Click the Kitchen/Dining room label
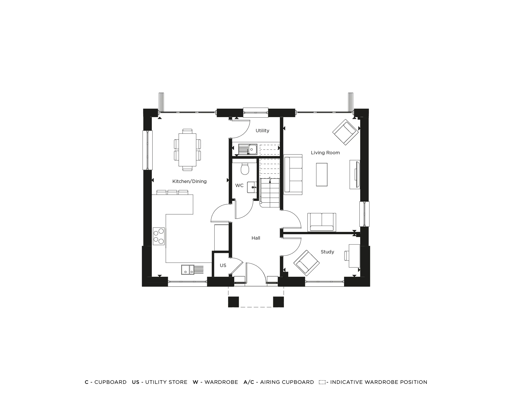(x=189, y=181)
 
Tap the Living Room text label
(x=325, y=153)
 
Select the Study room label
(x=327, y=252)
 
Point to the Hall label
(x=256, y=238)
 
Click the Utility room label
(x=262, y=131)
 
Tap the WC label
(x=239, y=186)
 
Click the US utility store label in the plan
(x=223, y=265)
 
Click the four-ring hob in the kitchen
(x=159, y=236)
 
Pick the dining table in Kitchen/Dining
(x=187, y=150)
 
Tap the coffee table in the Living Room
(x=322, y=175)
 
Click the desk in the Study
(x=354, y=256)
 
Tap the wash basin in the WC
(x=252, y=187)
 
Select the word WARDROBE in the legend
(x=221, y=382)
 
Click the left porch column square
(x=233, y=302)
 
